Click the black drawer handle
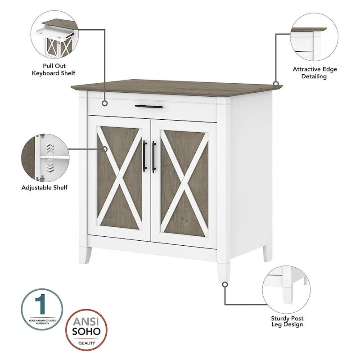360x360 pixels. tap(149, 107)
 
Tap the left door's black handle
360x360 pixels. tap(144, 156)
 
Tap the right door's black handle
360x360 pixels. tap(154, 156)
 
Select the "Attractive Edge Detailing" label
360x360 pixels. tap(315, 73)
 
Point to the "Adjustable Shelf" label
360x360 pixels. tap(45, 187)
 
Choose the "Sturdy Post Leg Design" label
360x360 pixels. tap(287, 321)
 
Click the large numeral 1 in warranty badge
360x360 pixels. tap(42, 305)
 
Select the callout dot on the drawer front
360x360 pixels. tap(105, 104)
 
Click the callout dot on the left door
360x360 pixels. tap(105, 148)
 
